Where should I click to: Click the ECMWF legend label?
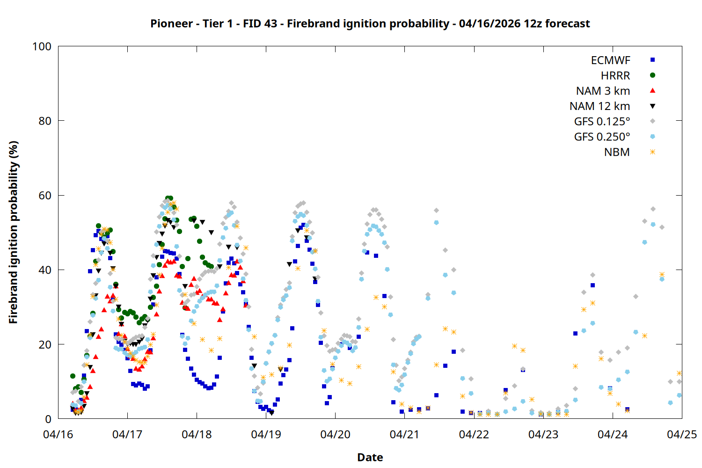coord(610,60)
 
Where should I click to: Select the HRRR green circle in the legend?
coord(652,75)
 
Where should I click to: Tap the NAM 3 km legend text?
coord(603,91)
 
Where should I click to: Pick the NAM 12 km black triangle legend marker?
coord(652,106)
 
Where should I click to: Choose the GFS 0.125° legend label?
coord(602,122)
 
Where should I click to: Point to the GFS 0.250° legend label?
coord(602,137)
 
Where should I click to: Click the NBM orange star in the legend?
coord(652,152)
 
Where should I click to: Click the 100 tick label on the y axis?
coord(42,46)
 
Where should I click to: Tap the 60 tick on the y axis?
coord(45,196)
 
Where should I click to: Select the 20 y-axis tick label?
coord(45,344)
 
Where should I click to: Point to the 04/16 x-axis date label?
coord(58,434)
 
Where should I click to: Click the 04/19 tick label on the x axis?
coord(266,434)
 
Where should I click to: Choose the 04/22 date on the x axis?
coord(474,434)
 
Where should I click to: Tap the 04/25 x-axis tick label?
coord(681,434)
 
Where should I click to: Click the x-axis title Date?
coord(370,457)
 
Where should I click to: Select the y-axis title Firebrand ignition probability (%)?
coord(14,232)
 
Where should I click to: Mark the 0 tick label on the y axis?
coord(48,419)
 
